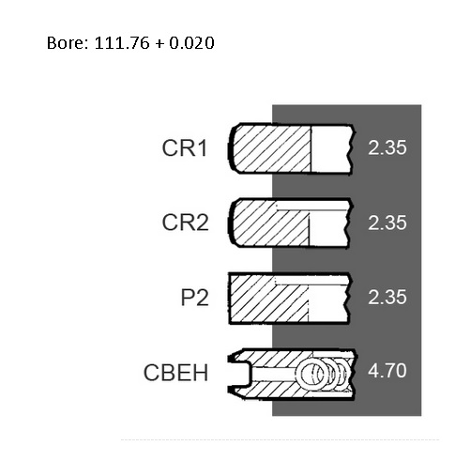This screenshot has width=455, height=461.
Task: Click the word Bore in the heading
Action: (68, 43)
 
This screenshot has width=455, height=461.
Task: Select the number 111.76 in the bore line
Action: (122, 43)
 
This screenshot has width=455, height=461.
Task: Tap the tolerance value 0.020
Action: (191, 43)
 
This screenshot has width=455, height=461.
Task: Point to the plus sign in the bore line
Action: (159, 43)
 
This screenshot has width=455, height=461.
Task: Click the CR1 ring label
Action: (185, 148)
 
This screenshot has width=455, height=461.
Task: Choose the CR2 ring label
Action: (185, 223)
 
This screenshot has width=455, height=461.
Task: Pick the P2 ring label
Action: (194, 298)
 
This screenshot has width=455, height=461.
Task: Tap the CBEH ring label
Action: (175, 373)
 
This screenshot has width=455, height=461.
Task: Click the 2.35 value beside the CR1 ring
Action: (387, 147)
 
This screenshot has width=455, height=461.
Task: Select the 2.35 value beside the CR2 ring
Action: (387, 223)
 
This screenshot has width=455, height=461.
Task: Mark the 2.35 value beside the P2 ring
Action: (387, 297)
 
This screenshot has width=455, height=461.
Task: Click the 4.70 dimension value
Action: (387, 371)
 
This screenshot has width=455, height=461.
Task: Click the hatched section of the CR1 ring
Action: (271, 148)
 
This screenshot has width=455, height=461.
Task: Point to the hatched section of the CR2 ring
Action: (269, 223)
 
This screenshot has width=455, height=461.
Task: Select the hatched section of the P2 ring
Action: (269, 299)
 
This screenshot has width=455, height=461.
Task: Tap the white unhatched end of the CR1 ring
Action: (331, 148)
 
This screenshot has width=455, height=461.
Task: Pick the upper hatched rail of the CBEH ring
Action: (281, 359)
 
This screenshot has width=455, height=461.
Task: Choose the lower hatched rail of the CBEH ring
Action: (281, 390)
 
